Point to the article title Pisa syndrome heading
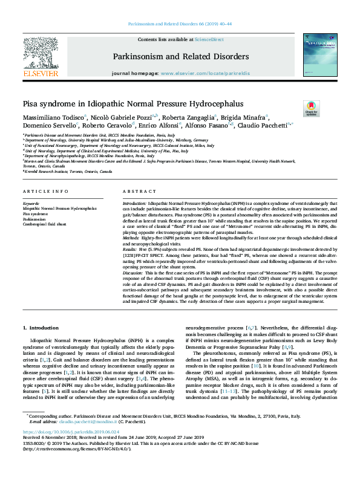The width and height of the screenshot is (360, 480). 133,103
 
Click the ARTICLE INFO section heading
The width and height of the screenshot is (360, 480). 44,191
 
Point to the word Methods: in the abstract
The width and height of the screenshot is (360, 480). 133,238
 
